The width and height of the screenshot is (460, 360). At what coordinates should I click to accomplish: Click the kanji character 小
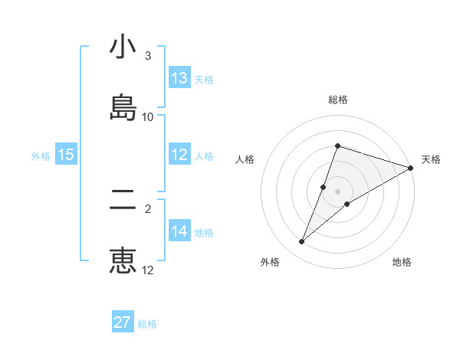[x=123, y=49]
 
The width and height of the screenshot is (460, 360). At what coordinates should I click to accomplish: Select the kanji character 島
[x=123, y=106]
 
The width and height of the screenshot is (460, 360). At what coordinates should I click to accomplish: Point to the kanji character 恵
[x=123, y=260]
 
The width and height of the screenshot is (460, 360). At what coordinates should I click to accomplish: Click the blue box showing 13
[x=179, y=78]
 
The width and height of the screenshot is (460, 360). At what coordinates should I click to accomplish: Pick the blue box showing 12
[x=179, y=155]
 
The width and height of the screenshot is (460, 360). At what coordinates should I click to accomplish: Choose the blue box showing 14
[x=179, y=231]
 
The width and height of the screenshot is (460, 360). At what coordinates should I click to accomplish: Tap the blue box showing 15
[x=66, y=155]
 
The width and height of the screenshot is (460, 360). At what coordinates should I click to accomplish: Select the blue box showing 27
[x=123, y=322]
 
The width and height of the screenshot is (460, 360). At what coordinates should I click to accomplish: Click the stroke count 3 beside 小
[x=148, y=56]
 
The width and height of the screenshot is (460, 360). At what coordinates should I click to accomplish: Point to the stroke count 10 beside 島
[x=148, y=116]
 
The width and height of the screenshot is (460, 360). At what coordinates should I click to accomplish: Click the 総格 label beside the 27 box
[x=148, y=324]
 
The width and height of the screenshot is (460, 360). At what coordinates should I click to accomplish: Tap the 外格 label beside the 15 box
[x=41, y=156]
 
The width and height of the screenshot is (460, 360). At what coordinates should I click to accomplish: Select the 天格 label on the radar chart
[x=431, y=159]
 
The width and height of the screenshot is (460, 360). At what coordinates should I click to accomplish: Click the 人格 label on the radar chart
[x=245, y=159]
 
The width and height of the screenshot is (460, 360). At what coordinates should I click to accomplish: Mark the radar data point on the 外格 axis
[x=302, y=242]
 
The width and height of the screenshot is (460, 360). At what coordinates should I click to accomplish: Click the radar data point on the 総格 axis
[x=337, y=146]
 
